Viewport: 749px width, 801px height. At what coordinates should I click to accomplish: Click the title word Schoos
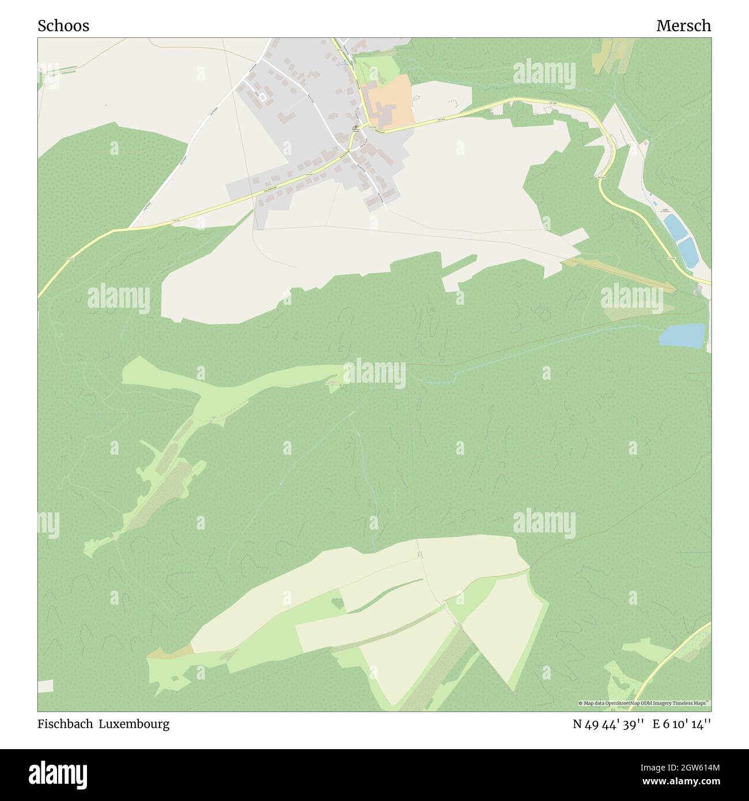63,26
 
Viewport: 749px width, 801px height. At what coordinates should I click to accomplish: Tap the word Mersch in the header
683,26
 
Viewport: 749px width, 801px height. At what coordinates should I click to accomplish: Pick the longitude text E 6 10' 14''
682,724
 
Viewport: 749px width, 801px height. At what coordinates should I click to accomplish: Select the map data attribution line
644,703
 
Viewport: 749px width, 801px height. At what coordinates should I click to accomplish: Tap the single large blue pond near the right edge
682,335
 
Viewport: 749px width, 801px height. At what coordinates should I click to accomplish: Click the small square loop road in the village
263,98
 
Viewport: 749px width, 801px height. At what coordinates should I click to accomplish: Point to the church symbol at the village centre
356,128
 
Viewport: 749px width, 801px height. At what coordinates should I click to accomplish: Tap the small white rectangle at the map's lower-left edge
46,686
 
